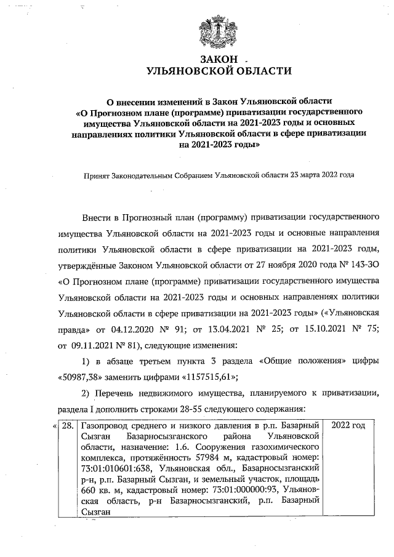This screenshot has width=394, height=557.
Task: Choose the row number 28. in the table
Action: tap(68, 426)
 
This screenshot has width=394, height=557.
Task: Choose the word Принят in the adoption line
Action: tap(97, 175)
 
